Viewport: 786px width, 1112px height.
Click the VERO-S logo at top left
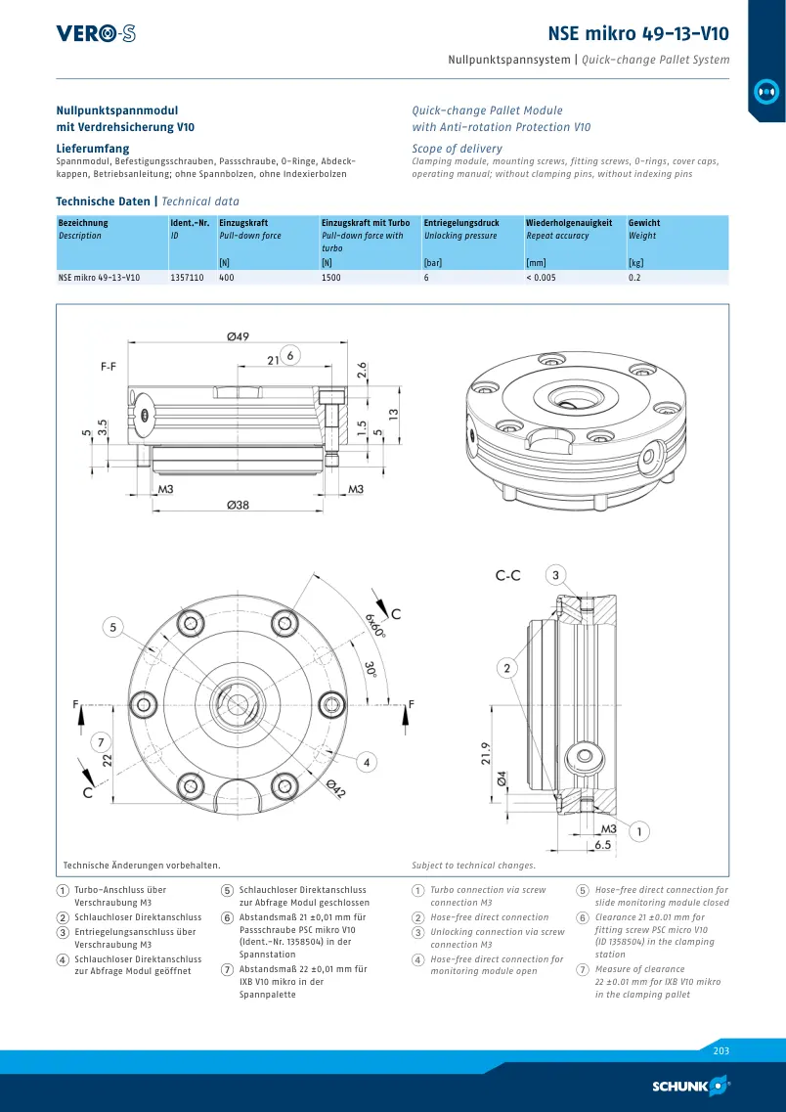click(96, 33)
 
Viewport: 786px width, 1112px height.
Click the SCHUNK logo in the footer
click(691, 1085)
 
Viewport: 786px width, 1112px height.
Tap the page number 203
click(720, 1051)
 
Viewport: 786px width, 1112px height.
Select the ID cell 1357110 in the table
click(187, 278)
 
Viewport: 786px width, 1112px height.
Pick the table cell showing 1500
click(331, 278)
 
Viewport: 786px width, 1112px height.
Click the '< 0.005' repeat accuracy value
click(541, 278)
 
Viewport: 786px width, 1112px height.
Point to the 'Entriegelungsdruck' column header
click(461, 223)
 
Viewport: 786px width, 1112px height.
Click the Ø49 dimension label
click(239, 336)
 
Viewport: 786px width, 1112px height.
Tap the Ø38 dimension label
click(239, 505)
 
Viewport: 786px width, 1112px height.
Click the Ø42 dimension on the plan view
click(336, 788)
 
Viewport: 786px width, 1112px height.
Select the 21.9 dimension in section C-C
click(486, 755)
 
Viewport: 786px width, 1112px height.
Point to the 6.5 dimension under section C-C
click(602, 845)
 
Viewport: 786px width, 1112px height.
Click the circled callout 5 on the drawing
click(112, 627)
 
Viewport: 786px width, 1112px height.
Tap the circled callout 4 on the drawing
click(367, 763)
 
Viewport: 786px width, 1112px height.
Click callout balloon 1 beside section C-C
click(639, 831)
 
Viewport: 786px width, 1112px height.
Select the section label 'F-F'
click(109, 368)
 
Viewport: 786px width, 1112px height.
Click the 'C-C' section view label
click(507, 576)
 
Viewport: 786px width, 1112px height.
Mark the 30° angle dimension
click(369, 670)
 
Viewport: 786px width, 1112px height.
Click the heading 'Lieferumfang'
click(93, 149)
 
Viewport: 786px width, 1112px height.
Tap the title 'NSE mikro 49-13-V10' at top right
click(638, 33)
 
